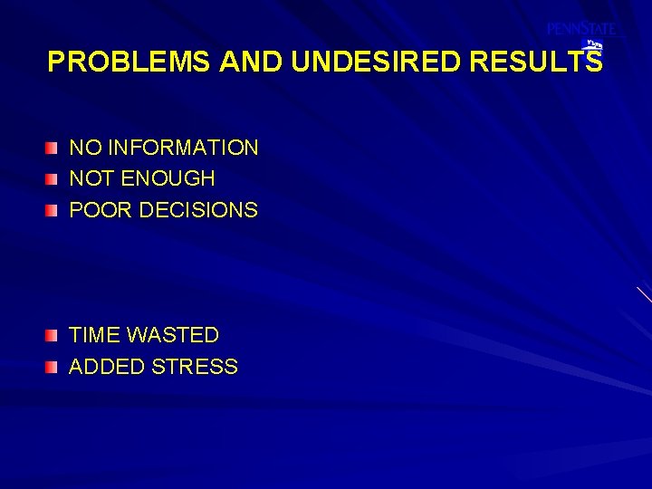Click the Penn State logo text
(580, 29)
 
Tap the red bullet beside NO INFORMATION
(53, 148)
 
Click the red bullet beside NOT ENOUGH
(53, 179)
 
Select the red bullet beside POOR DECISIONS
(53, 210)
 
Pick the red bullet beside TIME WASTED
(53, 336)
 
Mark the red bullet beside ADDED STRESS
(53, 367)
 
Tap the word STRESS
(196, 367)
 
